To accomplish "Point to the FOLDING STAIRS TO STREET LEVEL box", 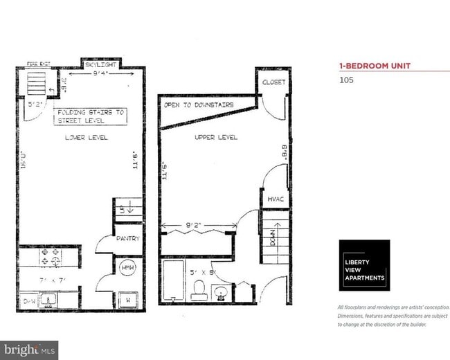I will pos(91,116).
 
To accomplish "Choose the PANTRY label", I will pos(128,239).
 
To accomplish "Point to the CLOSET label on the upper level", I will pos(273,82).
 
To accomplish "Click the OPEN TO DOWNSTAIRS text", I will pos(199,105).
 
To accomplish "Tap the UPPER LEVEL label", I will pos(216,137).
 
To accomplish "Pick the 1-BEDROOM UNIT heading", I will pos(374,66).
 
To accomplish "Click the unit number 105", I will pos(346,80).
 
